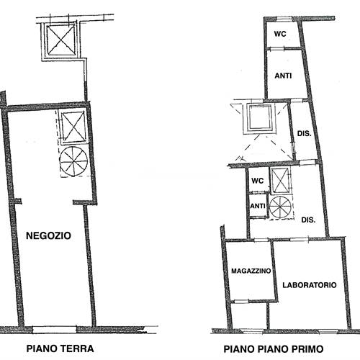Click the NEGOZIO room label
coord(48,235)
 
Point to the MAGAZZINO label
coord(251,271)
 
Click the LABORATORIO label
coord(309,284)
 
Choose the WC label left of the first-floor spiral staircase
coord(256,183)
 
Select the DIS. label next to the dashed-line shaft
coord(303,132)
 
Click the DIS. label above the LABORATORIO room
coord(309,220)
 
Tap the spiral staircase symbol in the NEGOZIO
coord(74,161)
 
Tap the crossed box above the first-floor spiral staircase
coord(280,179)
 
